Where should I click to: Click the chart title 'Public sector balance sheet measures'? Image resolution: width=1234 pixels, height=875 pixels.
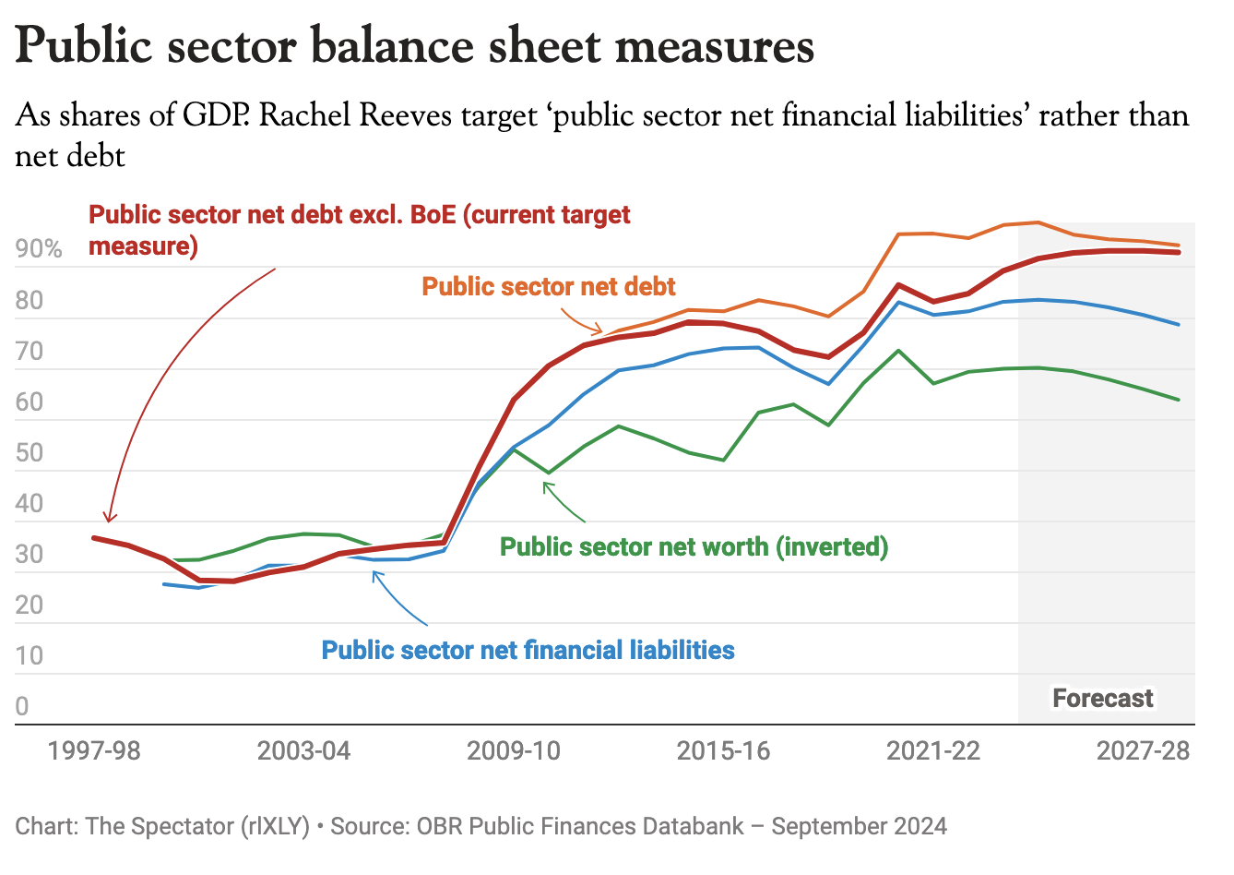click(415, 46)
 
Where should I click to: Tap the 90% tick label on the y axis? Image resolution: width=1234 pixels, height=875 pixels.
click(39, 249)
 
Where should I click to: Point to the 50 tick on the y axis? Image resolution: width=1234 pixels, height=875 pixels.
click(30, 452)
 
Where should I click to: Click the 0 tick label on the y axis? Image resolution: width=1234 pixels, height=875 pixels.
click(22, 706)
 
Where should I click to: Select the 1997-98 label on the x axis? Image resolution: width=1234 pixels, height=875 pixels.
click(94, 750)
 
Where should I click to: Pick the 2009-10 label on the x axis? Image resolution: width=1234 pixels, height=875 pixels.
click(514, 750)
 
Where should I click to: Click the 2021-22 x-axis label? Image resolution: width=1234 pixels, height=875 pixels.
click(933, 750)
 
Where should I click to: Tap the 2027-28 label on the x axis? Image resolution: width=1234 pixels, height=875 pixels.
click(1143, 750)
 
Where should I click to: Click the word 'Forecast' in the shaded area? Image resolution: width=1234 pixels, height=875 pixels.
click(1103, 698)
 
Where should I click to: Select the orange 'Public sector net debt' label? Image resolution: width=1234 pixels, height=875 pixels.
click(549, 286)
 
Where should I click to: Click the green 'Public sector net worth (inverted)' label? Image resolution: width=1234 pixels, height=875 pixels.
click(694, 546)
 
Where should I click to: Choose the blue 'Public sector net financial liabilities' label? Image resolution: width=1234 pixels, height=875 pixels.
click(528, 650)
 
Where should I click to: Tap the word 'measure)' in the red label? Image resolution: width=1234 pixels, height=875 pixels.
click(143, 246)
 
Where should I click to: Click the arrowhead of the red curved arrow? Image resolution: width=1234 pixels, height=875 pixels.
click(109, 521)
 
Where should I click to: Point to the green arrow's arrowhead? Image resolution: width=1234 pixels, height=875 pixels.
click(545, 484)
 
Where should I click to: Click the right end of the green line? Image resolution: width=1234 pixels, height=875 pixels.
click(1179, 400)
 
